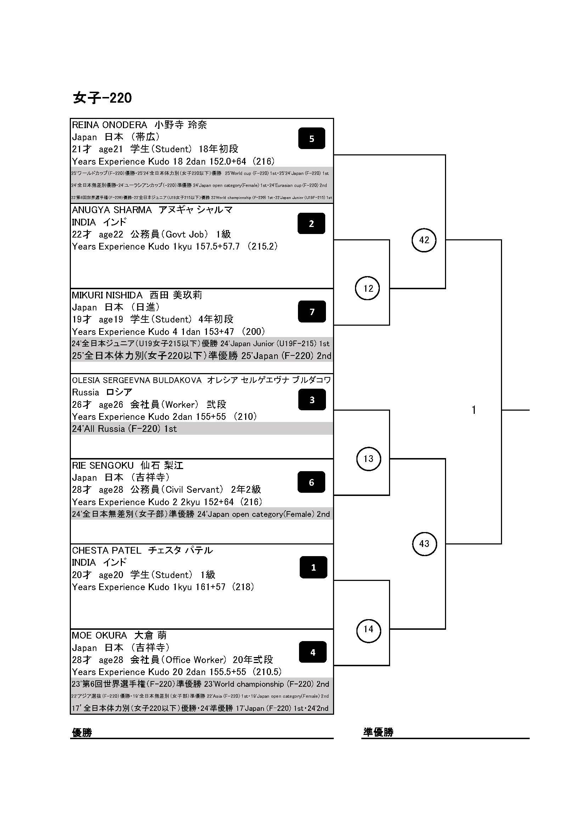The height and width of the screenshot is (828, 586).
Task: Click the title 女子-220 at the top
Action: pyautogui.click(x=102, y=98)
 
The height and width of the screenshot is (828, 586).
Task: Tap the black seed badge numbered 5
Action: pyautogui.click(x=312, y=138)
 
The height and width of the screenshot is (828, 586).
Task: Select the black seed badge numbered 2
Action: pyautogui.click(x=311, y=224)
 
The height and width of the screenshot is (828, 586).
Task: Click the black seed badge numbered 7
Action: pyautogui.click(x=312, y=312)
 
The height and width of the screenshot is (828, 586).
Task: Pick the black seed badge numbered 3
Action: pyautogui.click(x=312, y=400)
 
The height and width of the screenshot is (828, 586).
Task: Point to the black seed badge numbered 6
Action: pyautogui.click(x=311, y=482)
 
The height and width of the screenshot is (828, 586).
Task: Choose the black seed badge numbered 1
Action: pyautogui.click(x=313, y=567)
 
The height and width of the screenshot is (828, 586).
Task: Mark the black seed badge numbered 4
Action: pyautogui.click(x=313, y=652)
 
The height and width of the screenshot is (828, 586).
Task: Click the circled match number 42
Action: pyautogui.click(x=424, y=240)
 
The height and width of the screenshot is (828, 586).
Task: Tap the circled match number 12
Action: pyautogui.click(x=368, y=288)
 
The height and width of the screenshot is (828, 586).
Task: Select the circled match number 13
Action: pyautogui.click(x=368, y=459)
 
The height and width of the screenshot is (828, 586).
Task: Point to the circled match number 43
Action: pyautogui.click(x=424, y=543)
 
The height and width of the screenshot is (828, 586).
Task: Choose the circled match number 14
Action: pyautogui.click(x=368, y=629)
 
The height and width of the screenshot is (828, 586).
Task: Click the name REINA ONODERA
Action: pyautogui.click(x=109, y=125)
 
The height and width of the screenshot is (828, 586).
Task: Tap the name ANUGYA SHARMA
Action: pyautogui.click(x=112, y=210)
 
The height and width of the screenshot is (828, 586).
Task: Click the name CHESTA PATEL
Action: pyautogui.click(x=106, y=551)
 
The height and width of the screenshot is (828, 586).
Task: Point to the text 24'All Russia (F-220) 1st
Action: pyautogui.click(x=124, y=429)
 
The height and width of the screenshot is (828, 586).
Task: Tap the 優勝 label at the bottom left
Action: pyautogui.click(x=82, y=732)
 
